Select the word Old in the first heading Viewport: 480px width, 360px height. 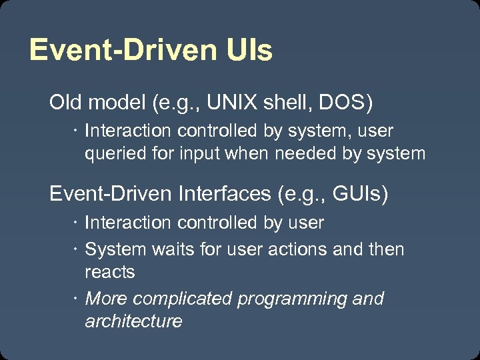click(x=65, y=103)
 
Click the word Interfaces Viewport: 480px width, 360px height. click(x=223, y=194)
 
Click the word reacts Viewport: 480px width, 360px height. click(x=109, y=272)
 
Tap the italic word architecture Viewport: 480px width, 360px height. click(x=133, y=321)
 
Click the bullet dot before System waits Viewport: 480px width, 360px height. click(x=76, y=249)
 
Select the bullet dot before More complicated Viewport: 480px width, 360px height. click(x=76, y=299)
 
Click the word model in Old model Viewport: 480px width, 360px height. click(x=115, y=103)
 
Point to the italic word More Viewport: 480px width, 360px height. click(x=105, y=299)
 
